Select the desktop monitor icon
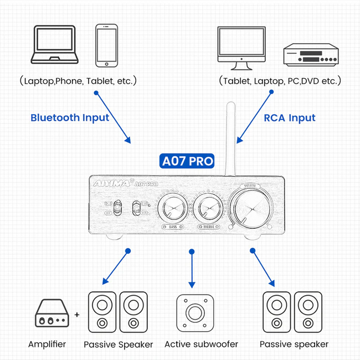[240, 47]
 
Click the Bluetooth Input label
[70, 117]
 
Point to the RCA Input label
[289, 117]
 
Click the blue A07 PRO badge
[187, 161]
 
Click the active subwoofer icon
[192, 312]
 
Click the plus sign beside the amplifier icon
[77, 315]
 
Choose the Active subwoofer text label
[201, 344]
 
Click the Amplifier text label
[47, 344]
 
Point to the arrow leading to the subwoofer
[192, 269]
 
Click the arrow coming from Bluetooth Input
[114, 117]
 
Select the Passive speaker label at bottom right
[294, 344]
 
